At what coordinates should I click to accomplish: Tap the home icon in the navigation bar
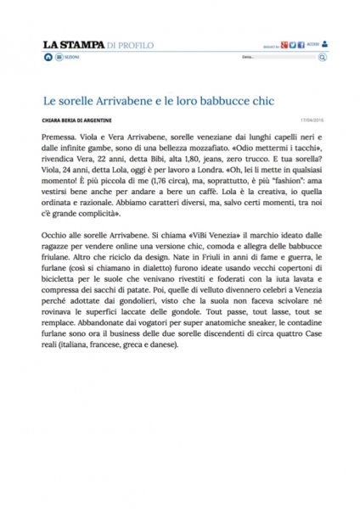48,57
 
